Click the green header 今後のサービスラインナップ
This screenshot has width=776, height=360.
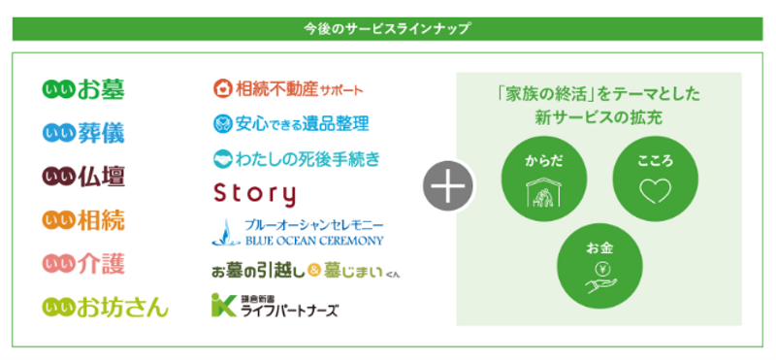click(x=388, y=28)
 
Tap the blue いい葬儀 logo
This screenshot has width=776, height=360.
click(x=84, y=132)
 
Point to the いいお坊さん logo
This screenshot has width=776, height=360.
click(x=106, y=307)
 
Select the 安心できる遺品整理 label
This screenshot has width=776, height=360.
click(x=290, y=124)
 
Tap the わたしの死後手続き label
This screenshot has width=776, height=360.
click(x=295, y=158)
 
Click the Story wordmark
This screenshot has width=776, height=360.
click(x=254, y=193)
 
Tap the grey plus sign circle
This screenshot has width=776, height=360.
click(x=446, y=183)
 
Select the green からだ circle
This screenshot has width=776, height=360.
click(x=537, y=180)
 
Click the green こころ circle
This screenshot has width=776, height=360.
click(x=648, y=180)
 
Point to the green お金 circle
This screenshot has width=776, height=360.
click(x=594, y=264)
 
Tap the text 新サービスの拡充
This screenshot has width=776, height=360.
click(x=596, y=117)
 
